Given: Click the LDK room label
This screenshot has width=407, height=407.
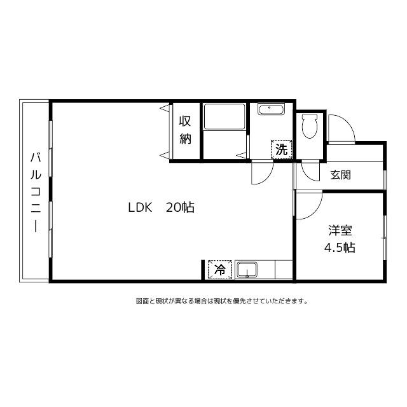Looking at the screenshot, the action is (x=140, y=208).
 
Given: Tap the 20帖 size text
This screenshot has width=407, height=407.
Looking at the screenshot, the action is (x=180, y=207).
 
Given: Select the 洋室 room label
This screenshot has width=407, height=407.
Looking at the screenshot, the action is (x=340, y=230).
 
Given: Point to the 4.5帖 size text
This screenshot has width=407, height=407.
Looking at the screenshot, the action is (x=340, y=248).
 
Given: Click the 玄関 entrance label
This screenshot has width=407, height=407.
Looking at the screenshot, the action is (x=340, y=175).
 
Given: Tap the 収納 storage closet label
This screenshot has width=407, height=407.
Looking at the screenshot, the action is (x=185, y=130).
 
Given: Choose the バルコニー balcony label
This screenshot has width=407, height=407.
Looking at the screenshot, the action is (x=36, y=192).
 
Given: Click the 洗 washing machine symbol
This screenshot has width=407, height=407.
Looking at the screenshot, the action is (x=282, y=149).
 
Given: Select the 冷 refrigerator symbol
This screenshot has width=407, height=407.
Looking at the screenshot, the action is (x=220, y=270).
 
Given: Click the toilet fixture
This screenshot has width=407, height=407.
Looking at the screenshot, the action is (x=310, y=126).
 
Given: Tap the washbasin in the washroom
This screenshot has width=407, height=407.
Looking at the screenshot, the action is (x=272, y=109).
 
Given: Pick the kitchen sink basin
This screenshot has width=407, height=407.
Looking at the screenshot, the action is (x=247, y=270).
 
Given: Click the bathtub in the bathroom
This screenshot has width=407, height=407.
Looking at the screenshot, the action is (x=224, y=117).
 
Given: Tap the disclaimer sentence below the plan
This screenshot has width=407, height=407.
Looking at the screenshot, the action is (x=222, y=301).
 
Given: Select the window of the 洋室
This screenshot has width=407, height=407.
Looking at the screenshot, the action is (x=385, y=237).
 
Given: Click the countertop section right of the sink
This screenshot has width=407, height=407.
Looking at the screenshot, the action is (x=284, y=270).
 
